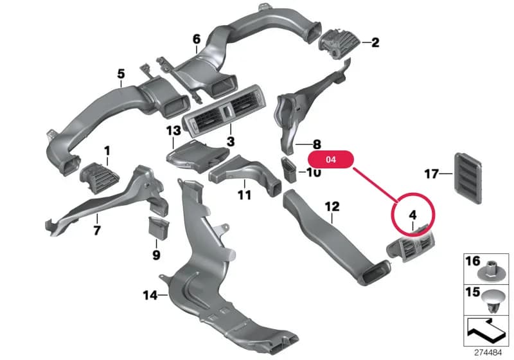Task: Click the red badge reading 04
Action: pos(331,159)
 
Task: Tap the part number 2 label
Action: pos(375,42)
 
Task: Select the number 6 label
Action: pos(197,39)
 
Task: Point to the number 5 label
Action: pos(121,74)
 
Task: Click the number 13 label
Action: pos(173,130)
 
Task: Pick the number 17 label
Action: pos(431,174)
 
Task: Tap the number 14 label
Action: pos(150,296)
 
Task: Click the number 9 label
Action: pos(156,255)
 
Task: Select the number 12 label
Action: pos(332,207)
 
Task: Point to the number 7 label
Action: pos(97,230)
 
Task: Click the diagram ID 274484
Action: pos(488,353)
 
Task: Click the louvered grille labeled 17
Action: pos(468,178)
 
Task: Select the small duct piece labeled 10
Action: pos(288,169)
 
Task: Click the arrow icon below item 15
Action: pos(486,330)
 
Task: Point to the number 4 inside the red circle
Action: pos(412,215)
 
